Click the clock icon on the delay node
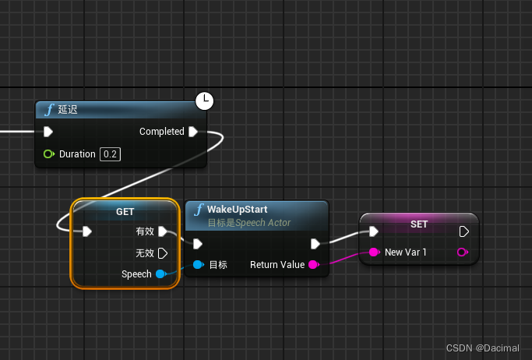[203, 101]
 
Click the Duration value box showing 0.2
[110, 154]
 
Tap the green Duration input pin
[49, 154]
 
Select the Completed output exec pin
[193, 132]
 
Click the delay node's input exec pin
[48, 132]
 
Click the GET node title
[125, 212]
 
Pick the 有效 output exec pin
[163, 231]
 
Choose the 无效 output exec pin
[163, 253]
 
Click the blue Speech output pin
[160, 274]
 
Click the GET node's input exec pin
[87, 231]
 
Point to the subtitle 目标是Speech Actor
[249, 223]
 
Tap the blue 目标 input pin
[198, 265]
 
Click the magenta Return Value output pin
[313, 265]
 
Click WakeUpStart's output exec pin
[315, 243]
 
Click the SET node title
[418, 224]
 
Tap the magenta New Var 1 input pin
[374, 252]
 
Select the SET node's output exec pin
[464, 231]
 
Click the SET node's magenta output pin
[463, 252]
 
